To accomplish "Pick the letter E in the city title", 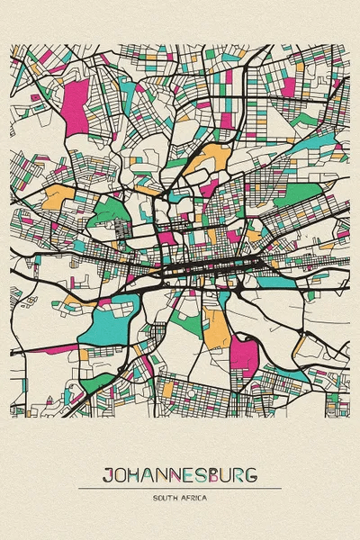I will point(193,473).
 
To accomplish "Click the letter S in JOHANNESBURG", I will point(206,473).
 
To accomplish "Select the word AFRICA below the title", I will point(193,498).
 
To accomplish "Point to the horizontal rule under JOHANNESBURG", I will point(180,488).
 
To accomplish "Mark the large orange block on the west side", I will point(58,195).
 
